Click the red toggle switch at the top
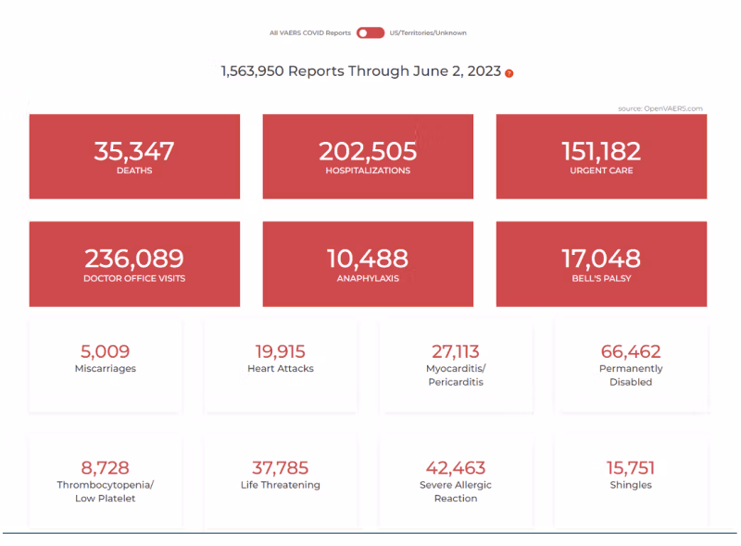pyautogui.click(x=370, y=32)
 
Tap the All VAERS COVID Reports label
pyautogui.click(x=309, y=32)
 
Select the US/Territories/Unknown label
pyautogui.click(x=428, y=32)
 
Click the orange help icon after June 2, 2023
pyautogui.click(x=509, y=72)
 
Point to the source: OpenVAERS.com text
pyautogui.click(x=660, y=108)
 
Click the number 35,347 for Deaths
pyautogui.click(x=134, y=151)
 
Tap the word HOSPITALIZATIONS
pyautogui.click(x=368, y=171)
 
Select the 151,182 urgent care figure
pyautogui.click(x=601, y=151)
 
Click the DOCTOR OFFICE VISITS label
pyautogui.click(x=134, y=278)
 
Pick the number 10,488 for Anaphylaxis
pyautogui.click(x=368, y=259)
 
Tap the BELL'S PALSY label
pyautogui.click(x=601, y=278)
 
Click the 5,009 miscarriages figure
pyautogui.click(x=105, y=351)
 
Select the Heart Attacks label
pyautogui.click(x=280, y=369)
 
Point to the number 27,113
pyautogui.click(x=456, y=351)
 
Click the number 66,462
pyautogui.click(x=631, y=351)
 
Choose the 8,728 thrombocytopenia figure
pyautogui.click(x=105, y=467)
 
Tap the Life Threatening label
pyautogui.click(x=280, y=485)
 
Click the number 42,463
pyautogui.click(x=456, y=467)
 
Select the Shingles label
pyautogui.click(x=631, y=485)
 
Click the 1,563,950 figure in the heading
pyautogui.click(x=252, y=71)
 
